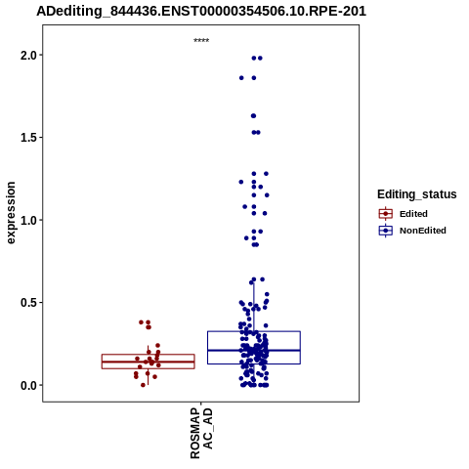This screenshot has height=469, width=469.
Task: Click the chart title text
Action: tap(201, 11)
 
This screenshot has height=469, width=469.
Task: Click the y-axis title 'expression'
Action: tap(11, 213)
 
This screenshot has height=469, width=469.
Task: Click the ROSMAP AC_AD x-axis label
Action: tap(201, 433)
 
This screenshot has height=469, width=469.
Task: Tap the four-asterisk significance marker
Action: tap(201, 41)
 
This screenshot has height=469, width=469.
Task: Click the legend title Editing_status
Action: tap(417, 194)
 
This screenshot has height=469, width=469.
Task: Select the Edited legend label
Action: tap(413, 214)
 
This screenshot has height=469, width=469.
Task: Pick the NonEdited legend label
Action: tap(423, 231)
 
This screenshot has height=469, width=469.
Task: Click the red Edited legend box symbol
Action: tap(386, 214)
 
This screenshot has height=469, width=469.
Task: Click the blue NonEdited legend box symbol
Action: tap(386, 231)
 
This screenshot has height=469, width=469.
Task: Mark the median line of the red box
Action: tap(149, 362)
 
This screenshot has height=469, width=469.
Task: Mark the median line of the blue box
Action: tap(254, 350)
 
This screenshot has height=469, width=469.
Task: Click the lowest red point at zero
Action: tap(143, 385)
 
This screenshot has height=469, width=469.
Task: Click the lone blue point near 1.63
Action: tap(253, 116)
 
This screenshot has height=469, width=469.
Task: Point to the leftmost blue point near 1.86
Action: tap(241, 78)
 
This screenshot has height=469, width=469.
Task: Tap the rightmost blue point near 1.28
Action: tap(266, 174)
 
